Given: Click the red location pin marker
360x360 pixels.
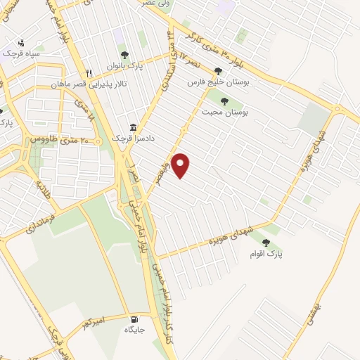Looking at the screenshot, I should click(181, 165).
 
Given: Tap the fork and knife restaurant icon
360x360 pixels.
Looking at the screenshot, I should click(89, 72).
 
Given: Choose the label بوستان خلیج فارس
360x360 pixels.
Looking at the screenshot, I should click(217, 82).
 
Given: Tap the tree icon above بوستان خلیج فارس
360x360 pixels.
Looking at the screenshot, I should click(218, 71).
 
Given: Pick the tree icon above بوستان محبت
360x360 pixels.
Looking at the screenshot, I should click(224, 101).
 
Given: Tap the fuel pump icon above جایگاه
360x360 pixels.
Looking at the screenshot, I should click(134, 318).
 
